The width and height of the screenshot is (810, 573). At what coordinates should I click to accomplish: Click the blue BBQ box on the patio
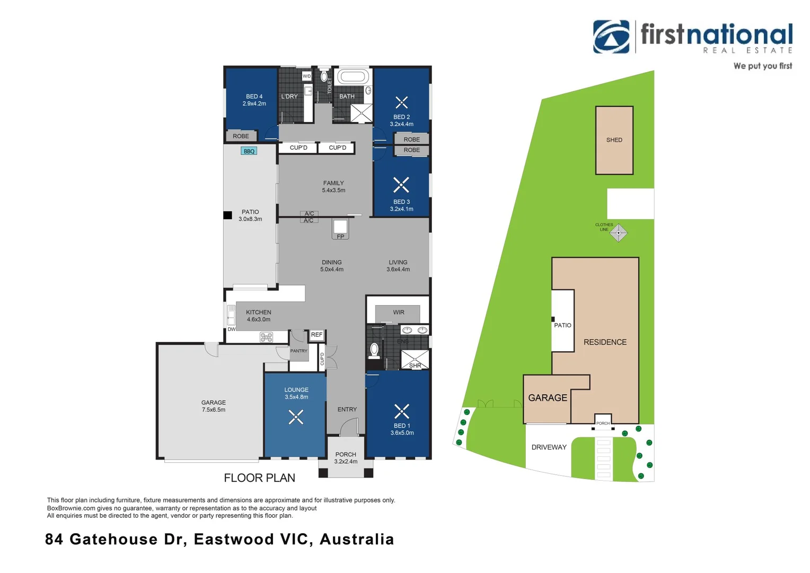[x=249, y=151]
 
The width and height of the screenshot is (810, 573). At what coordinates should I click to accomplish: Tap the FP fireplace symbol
[x=340, y=230]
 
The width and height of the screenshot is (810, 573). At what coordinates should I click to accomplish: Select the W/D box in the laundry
[x=306, y=76]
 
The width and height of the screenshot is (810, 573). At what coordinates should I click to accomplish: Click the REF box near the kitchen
[x=317, y=335]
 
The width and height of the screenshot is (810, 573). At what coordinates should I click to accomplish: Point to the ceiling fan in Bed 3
[x=401, y=185]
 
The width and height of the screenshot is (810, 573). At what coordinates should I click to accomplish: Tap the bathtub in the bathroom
[x=353, y=77]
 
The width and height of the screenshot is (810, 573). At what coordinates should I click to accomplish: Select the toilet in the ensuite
[x=374, y=351]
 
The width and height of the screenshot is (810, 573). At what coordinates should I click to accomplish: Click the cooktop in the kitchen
[x=267, y=337]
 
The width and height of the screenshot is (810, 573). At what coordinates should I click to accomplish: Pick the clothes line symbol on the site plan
[x=618, y=233]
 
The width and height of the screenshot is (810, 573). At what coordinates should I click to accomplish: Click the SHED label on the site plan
[x=614, y=140]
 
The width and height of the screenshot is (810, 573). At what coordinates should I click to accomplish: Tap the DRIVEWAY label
[x=549, y=447]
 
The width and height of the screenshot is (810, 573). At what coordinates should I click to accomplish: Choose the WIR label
[x=399, y=312]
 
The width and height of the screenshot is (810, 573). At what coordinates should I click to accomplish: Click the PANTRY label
[x=298, y=351]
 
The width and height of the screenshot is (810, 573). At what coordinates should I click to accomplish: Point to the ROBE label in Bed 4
[x=241, y=136]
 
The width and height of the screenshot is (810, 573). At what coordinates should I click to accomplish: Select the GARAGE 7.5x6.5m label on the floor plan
[x=213, y=406]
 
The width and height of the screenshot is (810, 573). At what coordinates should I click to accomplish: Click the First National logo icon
[x=611, y=37]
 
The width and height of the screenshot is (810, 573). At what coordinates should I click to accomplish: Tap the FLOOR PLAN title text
[x=259, y=478]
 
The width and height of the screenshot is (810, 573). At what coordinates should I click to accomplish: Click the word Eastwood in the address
[x=234, y=540]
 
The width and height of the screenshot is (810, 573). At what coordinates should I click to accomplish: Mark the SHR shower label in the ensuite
[x=415, y=366]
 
